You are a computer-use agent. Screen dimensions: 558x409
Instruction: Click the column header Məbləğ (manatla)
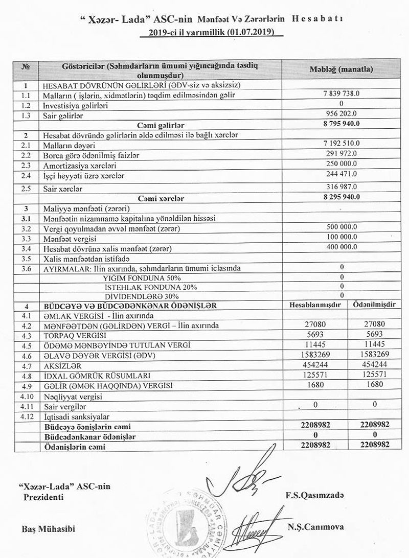[341, 69]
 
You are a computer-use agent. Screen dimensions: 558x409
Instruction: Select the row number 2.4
[24, 175]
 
